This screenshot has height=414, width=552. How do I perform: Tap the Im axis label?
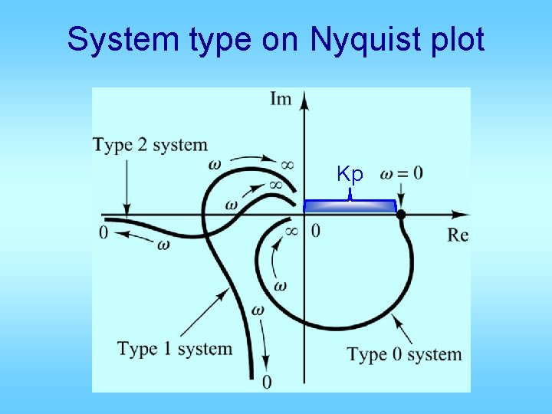(x=281, y=100)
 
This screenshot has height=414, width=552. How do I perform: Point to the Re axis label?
(x=458, y=235)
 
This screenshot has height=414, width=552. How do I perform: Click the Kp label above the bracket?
(x=350, y=174)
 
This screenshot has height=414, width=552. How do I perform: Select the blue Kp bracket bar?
(x=350, y=205)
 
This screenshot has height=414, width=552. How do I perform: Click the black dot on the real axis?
(x=400, y=215)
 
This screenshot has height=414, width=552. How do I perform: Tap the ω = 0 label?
(x=401, y=172)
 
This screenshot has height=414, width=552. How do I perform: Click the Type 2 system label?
(x=150, y=144)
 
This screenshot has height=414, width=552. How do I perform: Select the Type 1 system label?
(x=175, y=349)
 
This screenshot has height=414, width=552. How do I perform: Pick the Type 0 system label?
(x=405, y=354)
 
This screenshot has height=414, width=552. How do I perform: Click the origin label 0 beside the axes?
(x=316, y=230)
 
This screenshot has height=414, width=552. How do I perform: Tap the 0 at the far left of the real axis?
(x=103, y=232)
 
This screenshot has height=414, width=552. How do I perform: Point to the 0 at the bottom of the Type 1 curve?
(x=266, y=381)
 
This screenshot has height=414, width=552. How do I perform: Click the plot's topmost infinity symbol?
(x=287, y=163)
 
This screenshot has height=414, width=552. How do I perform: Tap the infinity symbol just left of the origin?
(x=291, y=230)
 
